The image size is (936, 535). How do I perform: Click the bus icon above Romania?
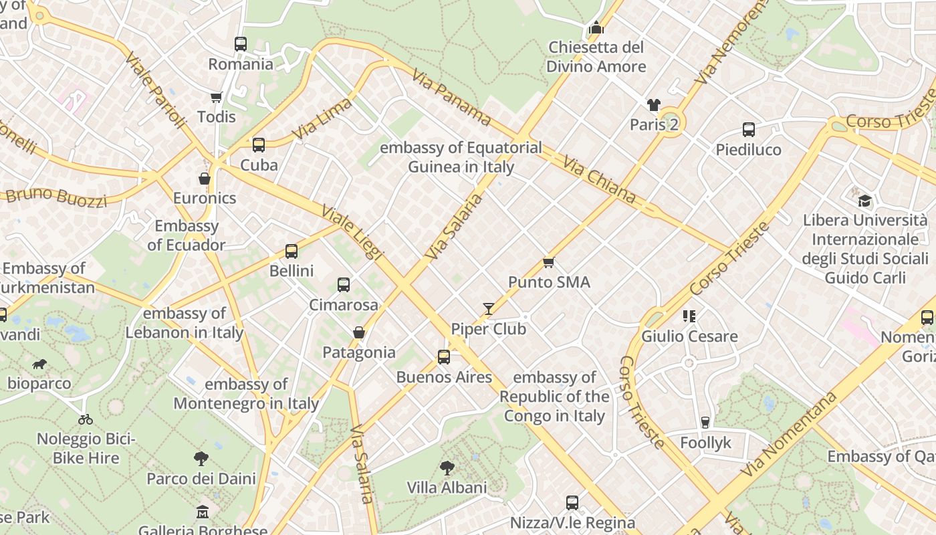coord(241,44)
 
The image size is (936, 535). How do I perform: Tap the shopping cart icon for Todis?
coord(216,98)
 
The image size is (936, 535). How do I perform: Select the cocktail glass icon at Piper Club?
coord(489,309)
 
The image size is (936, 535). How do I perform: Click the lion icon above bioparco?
coord(39,364)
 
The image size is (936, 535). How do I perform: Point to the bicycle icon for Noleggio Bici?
coord(86,419)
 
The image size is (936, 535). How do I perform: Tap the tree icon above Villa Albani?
coord(447,467)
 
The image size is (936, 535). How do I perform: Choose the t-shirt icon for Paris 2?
coord(653,105)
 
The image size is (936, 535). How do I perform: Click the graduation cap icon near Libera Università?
coord(864,201)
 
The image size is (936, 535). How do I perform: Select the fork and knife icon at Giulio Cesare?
coord(689,316)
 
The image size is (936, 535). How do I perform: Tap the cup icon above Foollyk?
coord(705,423)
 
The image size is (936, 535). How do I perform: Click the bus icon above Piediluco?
coord(748,130)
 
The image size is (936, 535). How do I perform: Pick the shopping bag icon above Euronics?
coord(205,179)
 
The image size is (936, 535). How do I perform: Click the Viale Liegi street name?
coord(352,232)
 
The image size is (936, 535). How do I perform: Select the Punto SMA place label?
coord(549,282)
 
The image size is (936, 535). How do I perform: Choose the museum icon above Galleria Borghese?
coord(202,513)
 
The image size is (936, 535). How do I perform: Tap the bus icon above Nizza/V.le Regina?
coord(572,503)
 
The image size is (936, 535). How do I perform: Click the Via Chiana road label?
coord(598,179)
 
